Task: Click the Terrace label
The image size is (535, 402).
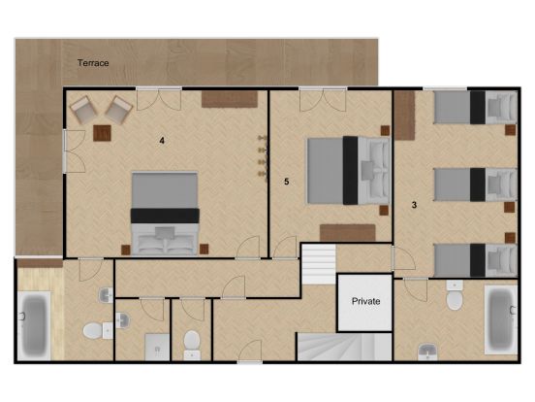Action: tap(93, 63)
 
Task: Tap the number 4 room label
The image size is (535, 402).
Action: tap(162, 141)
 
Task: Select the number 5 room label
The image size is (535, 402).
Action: tap(287, 182)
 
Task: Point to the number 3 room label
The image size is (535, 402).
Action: tap(414, 205)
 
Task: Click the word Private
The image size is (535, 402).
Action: tap(365, 301)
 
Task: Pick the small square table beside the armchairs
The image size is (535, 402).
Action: tap(103, 133)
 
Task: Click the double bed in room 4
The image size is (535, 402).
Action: tap(165, 214)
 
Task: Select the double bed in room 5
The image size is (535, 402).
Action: tap(348, 170)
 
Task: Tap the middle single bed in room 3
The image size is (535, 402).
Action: tap(475, 184)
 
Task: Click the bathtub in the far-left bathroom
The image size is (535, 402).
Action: tap(34, 325)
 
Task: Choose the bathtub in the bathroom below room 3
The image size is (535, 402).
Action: tap(501, 319)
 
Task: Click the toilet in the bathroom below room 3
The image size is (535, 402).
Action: tap(455, 295)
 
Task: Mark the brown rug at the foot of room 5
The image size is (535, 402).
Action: tap(347, 233)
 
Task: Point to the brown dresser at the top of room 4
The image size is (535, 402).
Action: tap(230, 99)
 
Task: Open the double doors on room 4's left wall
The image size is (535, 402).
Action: tap(74, 151)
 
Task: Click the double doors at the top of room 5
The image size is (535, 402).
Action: tap(323, 99)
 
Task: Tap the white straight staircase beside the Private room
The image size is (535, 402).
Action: tap(319, 264)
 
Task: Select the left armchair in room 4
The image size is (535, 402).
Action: tap(83, 110)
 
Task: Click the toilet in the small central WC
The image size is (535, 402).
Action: tap(192, 345)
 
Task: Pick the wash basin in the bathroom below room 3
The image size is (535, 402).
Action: tap(427, 352)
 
